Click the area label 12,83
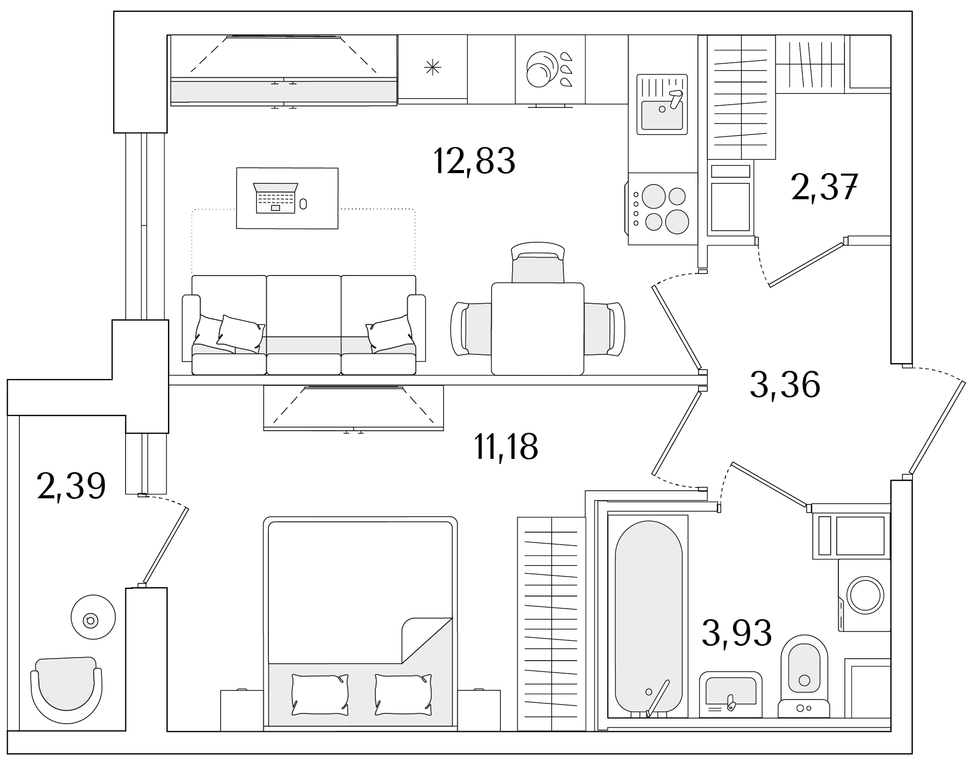click(x=474, y=161)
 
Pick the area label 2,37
click(x=824, y=187)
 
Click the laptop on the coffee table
click(x=276, y=198)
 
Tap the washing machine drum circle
click(x=866, y=595)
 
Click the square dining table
click(x=537, y=329)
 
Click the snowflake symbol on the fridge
click(x=433, y=67)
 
